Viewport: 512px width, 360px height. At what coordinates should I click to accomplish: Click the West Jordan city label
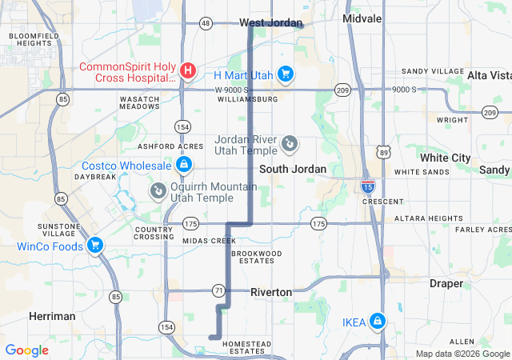(x=271, y=22)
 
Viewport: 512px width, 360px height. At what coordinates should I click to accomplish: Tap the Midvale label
(x=362, y=18)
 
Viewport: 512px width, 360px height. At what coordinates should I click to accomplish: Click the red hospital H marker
(x=187, y=71)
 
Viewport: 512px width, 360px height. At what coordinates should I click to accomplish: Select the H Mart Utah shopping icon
(x=286, y=74)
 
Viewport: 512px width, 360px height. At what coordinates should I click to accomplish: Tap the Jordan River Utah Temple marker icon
(x=290, y=145)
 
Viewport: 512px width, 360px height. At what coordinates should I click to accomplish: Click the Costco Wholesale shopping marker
(x=184, y=166)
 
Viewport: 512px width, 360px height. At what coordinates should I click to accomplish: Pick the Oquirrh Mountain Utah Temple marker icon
(x=158, y=190)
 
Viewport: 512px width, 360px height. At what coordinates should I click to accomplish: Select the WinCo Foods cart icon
(x=95, y=246)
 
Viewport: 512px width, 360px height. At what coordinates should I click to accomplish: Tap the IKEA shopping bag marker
(x=377, y=322)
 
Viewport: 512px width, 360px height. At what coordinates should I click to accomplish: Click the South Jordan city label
(x=293, y=169)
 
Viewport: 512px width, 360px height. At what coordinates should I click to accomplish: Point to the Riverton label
(x=271, y=292)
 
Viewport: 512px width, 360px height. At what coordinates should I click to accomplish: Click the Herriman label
(x=52, y=316)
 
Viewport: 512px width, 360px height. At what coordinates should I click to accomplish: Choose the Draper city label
(x=446, y=283)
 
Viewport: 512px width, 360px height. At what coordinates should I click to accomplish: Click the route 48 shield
(x=206, y=23)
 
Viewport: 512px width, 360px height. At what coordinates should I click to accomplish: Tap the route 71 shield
(x=218, y=289)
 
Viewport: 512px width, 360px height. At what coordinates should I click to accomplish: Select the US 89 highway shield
(x=384, y=151)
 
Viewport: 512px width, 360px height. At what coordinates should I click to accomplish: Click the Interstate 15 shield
(x=367, y=187)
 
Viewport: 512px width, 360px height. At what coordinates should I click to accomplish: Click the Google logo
(x=26, y=350)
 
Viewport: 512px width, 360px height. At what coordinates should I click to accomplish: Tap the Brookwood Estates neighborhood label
(x=257, y=257)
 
